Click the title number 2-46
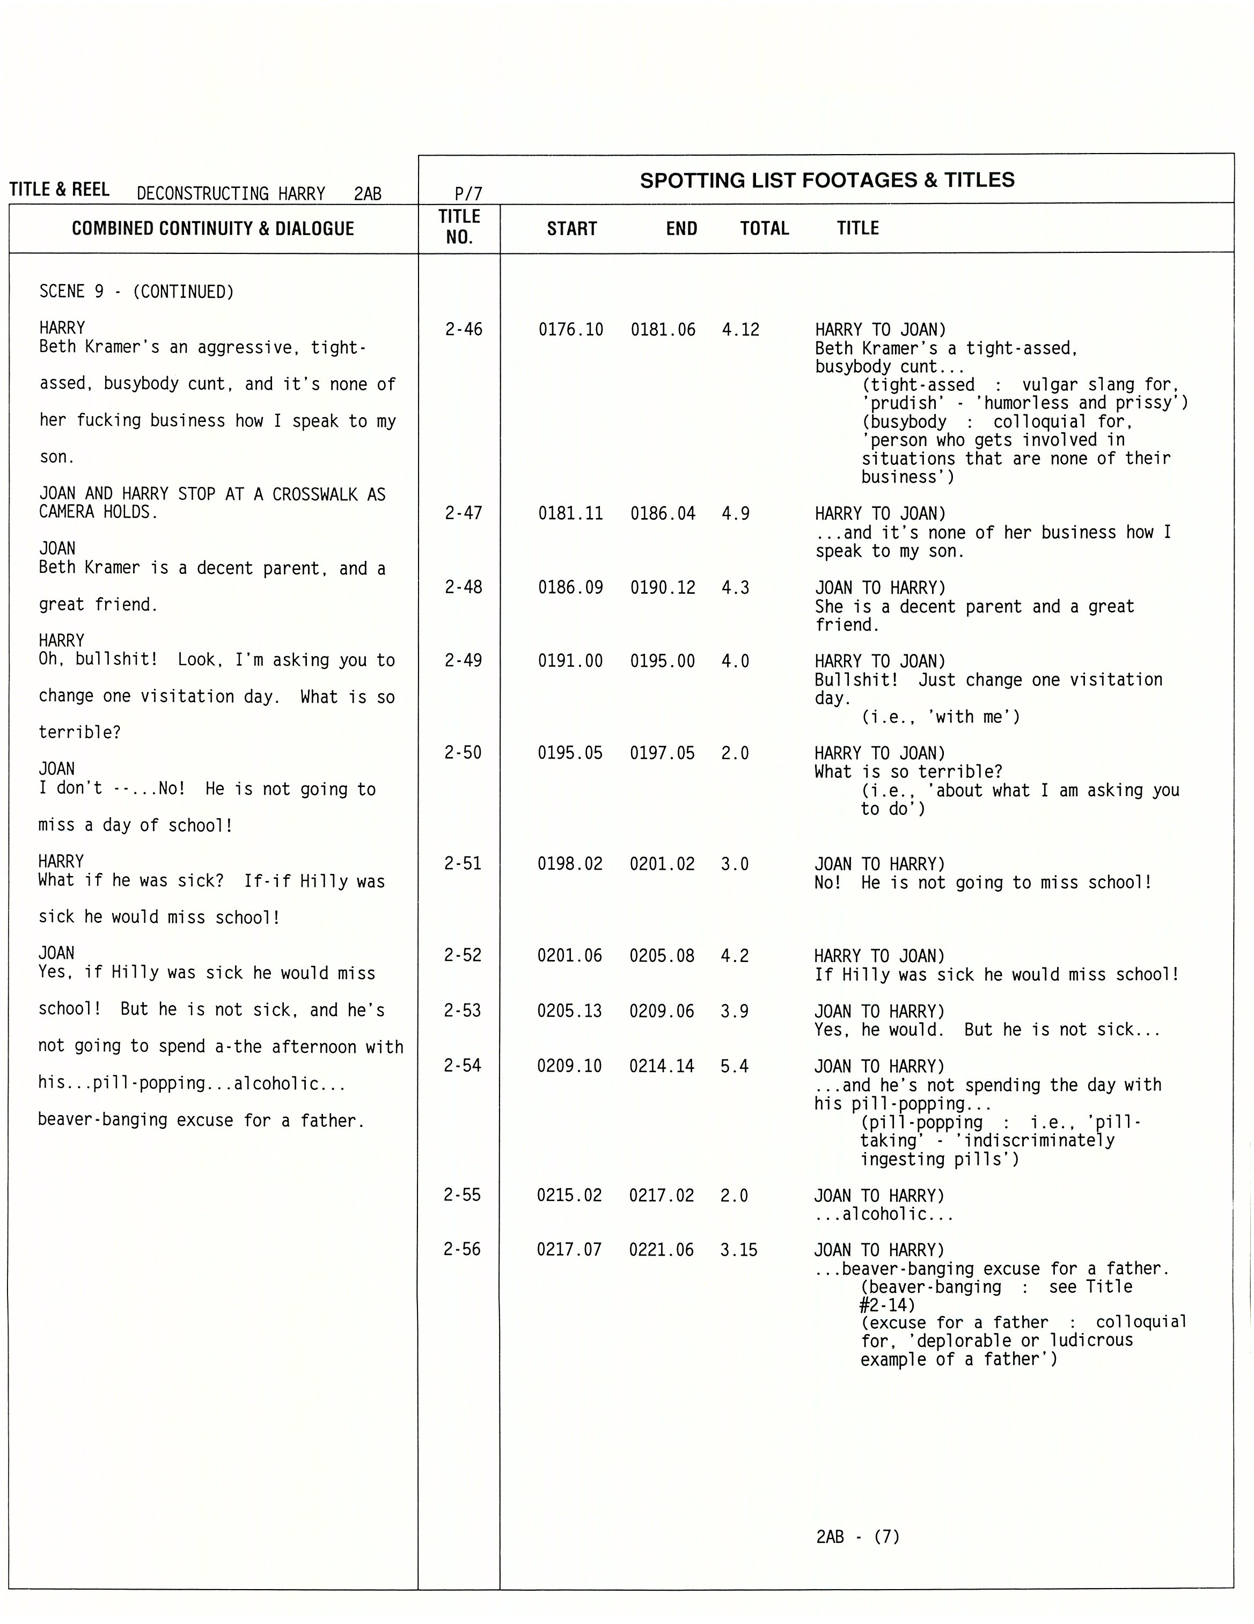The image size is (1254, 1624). pos(463,330)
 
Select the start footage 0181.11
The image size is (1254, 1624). pos(570,514)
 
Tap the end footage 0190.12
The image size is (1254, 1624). pos(662,587)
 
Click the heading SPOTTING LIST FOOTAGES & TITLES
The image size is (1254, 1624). pos(826,180)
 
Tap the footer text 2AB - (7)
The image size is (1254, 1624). pos(857,1536)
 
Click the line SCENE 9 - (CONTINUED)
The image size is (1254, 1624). pos(136,292)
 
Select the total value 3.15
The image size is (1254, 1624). pos(738,1250)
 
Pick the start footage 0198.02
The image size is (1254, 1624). pos(569,864)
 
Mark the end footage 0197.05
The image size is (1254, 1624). pos(662,753)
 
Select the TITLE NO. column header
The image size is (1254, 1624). pos(459,227)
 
